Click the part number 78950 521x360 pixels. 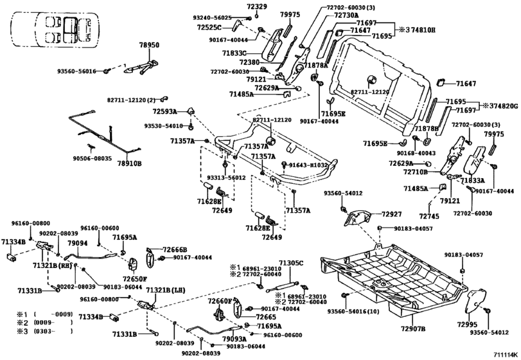pos(150,46)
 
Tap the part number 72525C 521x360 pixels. pos(227,27)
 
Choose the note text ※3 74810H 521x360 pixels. pos(416,30)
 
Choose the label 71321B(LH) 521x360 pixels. pos(166,291)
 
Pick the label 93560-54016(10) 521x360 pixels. pos(355,312)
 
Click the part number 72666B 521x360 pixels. pos(174,249)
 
